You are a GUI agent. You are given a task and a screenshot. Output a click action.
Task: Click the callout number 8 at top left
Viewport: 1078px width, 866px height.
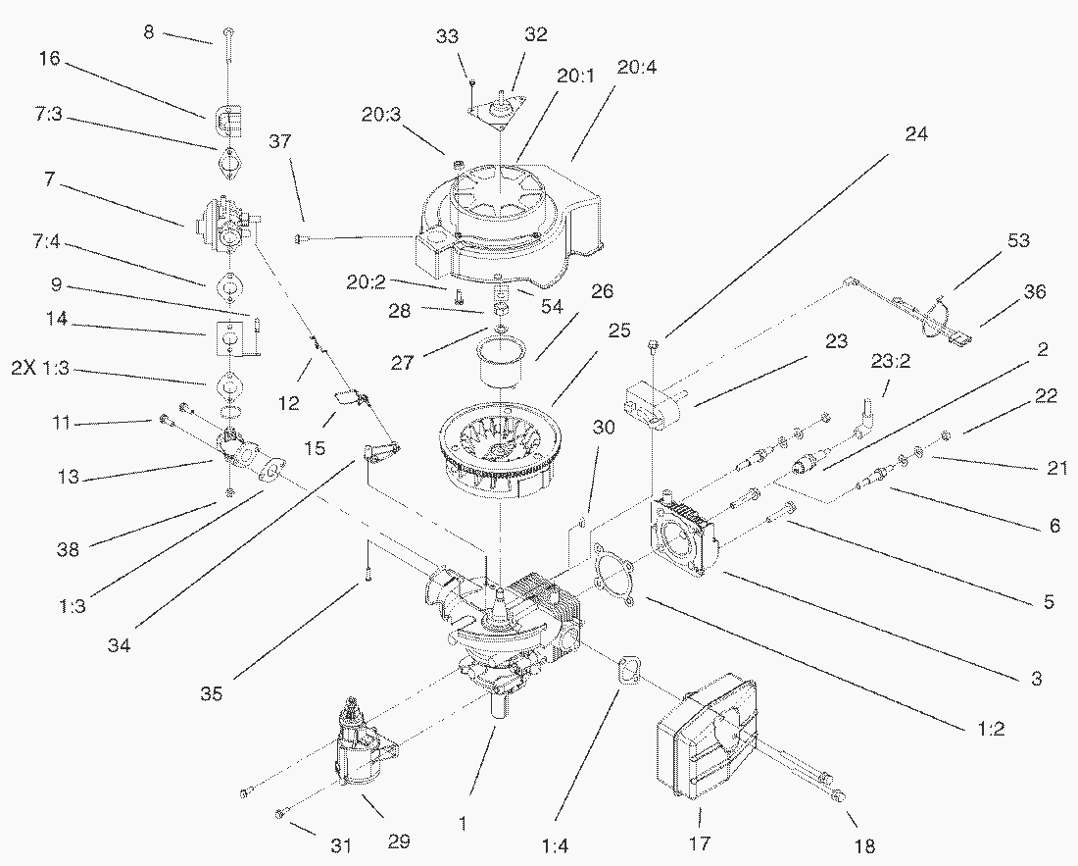pyautogui.click(x=149, y=31)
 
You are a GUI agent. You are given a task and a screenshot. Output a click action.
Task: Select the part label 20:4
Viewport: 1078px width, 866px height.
pyautogui.click(x=636, y=68)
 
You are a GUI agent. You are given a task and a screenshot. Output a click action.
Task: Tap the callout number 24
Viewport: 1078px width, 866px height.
pyautogui.click(x=915, y=133)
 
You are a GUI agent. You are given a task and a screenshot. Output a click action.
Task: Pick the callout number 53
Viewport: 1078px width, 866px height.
pyautogui.click(x=1018, y=240)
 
